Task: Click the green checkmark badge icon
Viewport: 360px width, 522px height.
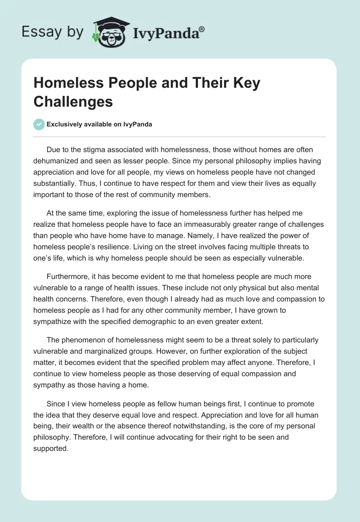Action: point(39,125)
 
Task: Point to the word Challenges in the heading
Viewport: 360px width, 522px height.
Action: point(73,102)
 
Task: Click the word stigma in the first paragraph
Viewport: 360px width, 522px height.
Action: point(95,149)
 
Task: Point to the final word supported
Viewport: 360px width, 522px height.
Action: point(50,448)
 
